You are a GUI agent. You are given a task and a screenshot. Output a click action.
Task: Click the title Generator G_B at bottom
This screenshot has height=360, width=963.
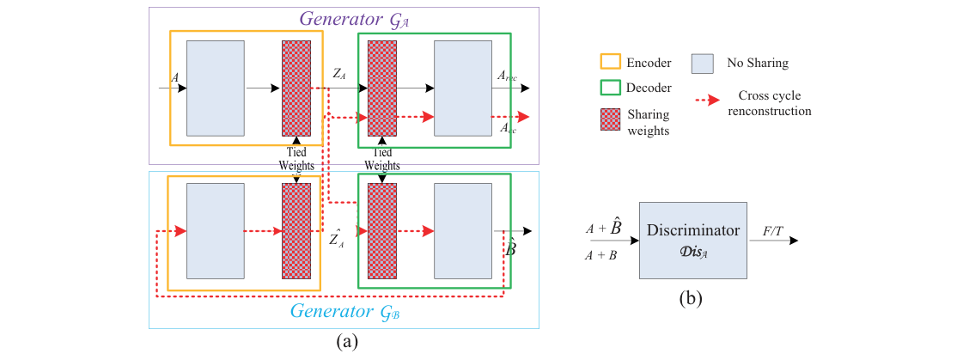coord(344,311)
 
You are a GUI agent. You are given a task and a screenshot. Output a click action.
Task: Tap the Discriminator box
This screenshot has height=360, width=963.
coord(692,240)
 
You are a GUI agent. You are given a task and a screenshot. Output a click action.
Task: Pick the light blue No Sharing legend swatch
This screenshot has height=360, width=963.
coord(702,62)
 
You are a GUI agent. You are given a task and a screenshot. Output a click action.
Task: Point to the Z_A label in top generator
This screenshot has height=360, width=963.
coord(339,74)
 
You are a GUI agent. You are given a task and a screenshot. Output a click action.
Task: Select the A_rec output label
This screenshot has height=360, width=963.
coord(507,76)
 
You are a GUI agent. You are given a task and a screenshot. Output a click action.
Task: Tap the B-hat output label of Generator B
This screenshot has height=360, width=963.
coord(509,249)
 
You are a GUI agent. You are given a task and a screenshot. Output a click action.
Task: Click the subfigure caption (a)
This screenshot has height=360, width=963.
coord(344,342)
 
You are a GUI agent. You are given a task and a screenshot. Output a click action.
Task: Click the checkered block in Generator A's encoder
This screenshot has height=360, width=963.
coord(296,88)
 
